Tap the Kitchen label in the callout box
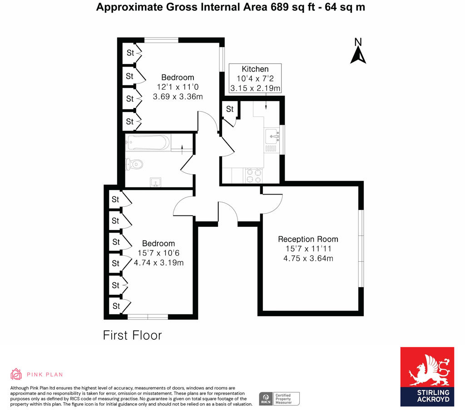[x=255, y=69]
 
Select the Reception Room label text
[x=308, y=239]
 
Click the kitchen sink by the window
[x=272, y=135]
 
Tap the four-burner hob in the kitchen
[x=254, y=175]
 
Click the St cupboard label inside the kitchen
[x=230, y=109]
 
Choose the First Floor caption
[x=132, y=336]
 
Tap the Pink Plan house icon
[x=16, y=374]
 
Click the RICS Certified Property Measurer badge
[x=279, y=398]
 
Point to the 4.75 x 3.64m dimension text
[x=308, y=259]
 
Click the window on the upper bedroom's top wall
[x=161, y=40]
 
